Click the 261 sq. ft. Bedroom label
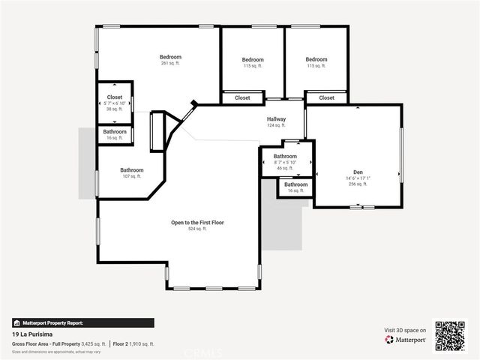coord(170,57)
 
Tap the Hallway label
coord(276,119)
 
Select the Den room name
coord(358,172)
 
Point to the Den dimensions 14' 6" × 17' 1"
coord(358,178)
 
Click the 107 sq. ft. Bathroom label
coord(131,170)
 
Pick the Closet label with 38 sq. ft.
coord(115,97)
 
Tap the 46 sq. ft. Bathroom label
coord(285,157)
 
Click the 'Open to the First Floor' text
coord(198,223)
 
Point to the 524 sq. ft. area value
coord(198,229)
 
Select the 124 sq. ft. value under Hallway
coord(276,125)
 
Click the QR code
coord(450,335)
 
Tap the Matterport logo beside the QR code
coord(406,340)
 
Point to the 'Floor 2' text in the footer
coord(122,343)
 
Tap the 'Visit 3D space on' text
coord(405,330)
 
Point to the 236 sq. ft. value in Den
coord(358,184)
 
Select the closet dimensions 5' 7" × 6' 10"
coord(115,103)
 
